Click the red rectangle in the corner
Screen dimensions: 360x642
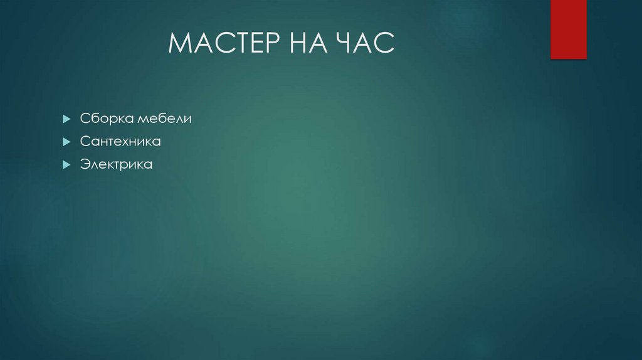pos(568,29)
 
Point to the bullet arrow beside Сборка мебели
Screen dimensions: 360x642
pos(66,119)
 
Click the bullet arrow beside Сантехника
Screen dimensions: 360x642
pos(66,142)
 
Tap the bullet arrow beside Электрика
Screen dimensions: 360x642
pos(66,166)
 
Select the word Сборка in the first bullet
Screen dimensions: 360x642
pos(102,119)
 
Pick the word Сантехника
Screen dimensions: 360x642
pos(120,142)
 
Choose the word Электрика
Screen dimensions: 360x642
pos(116,166)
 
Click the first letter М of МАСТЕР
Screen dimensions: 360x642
pos(180,44)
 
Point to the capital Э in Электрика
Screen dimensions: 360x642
pos(84,166)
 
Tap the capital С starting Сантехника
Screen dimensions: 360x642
pos(84,142)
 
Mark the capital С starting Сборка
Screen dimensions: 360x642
pos(84,119)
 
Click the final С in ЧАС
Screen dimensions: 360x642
pos(386,44)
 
